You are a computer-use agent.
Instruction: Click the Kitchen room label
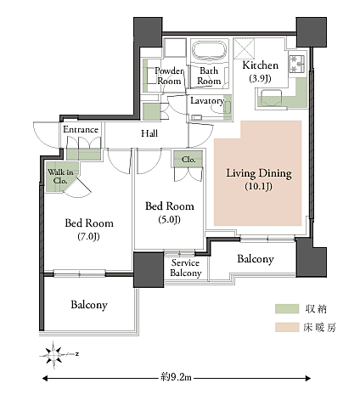pyautogui.click(x=261, y=65)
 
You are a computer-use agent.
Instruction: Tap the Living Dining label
pyautogui.click(x=259, y=173)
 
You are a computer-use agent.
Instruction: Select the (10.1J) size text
pyautogui.click(x=259, y=186)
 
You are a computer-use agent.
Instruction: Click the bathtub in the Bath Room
pyautogui.click(x=210, y=50)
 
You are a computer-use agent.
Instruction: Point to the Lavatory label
pyautogui.click(x=207, y=101)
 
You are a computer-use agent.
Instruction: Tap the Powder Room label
pyautogui.click(x=169, y=76)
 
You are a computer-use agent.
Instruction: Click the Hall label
pyautogui.click(x=149, y=133)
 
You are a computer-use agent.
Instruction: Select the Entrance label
pyautogui.click(x=81, y=130)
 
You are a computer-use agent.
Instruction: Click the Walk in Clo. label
pyautogui.click(x=60, y=176)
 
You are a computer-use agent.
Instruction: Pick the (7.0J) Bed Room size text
pyautogui.click(x=89, y=236)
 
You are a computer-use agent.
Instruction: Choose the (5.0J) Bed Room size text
pyautogui.click(x=169, y=219)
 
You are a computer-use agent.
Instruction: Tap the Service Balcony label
pyautogui.click(x=186, y=268)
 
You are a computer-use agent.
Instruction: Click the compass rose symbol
pyautogui.click(x=53, y=355)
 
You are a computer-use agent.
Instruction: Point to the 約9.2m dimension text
pyautogui.click(x=176, y=377)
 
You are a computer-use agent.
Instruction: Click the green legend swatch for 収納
pyautogui.click(x=287, y=309)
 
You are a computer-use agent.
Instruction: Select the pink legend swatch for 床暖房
pyautogui.click(x=287, y=327)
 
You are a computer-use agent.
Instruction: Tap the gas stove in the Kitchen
pyautogui.click(x=296, y=64)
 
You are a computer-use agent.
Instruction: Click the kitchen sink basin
pyautogui.click(x=272, y=98)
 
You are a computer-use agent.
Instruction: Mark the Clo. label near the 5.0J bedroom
pyautogui.click(x=188, y=160)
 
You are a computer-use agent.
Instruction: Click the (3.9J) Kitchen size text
pyautogui.click(x=260, y=78)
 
